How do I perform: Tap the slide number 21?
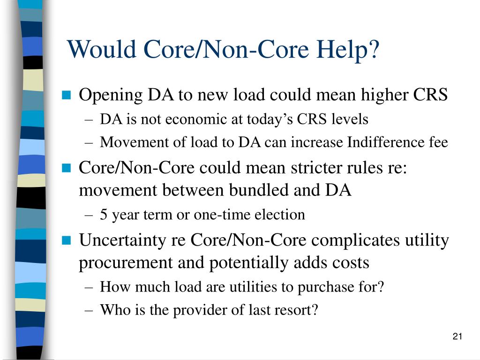458,337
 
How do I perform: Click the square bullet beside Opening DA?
66,96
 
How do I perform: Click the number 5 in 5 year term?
103,215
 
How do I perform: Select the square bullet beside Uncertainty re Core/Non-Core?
66,241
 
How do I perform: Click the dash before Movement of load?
90,142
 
